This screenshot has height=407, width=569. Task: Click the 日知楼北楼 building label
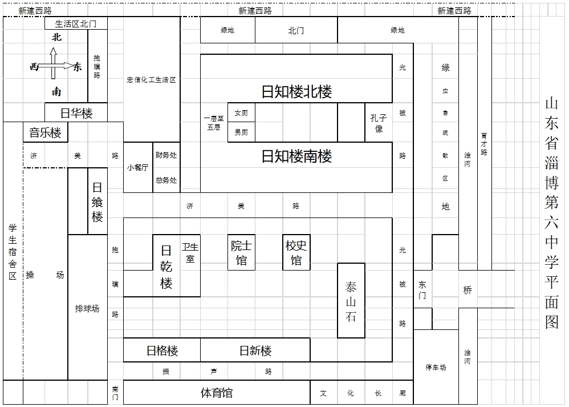296,91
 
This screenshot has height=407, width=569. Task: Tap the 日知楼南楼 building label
296,156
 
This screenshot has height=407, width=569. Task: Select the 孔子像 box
379,123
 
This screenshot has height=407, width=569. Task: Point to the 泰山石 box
351,300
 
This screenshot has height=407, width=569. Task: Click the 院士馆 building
241,252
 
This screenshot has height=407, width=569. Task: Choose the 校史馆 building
296,252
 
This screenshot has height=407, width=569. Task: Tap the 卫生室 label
190,253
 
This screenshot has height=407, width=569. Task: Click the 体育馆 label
216,393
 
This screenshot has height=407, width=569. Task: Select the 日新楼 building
255,350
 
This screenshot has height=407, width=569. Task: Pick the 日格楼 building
162,350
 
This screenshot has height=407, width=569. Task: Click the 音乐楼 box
46,132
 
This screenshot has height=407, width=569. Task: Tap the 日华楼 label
76,114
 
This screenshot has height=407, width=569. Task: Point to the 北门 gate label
296,30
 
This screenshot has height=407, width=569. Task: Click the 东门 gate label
422,289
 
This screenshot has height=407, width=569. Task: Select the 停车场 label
436,368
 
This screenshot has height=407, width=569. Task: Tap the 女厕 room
241,112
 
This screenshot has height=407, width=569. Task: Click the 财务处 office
166,155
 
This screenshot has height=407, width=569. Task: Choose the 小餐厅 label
137,167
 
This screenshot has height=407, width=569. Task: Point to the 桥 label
468,289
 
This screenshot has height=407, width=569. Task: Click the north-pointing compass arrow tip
54,49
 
